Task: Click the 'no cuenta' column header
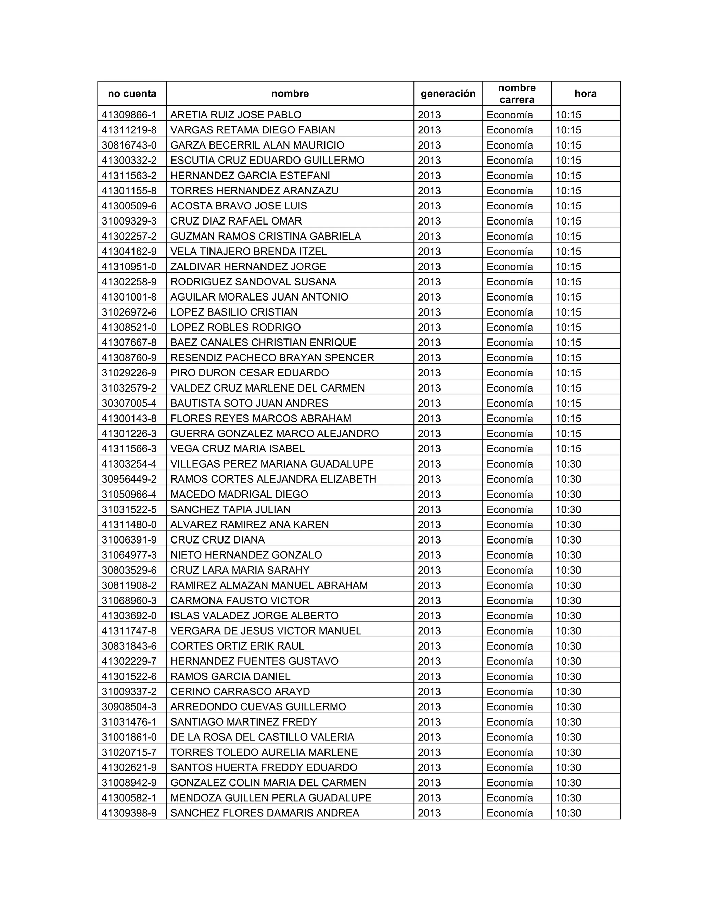click(132, 93)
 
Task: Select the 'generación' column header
click(448, 93)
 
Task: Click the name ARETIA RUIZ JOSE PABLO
click(235, 115)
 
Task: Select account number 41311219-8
click(129, 130)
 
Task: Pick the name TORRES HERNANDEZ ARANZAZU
click(254, 191)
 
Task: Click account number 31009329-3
click(129, 221)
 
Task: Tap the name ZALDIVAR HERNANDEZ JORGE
click(248, 267)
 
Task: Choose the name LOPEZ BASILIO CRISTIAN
click(234, 312)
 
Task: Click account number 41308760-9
click(129, 358)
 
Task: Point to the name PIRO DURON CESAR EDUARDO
click(249, 373)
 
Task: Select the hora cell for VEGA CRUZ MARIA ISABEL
click(568, 448)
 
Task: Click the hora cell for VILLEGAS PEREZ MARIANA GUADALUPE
click(568, 464)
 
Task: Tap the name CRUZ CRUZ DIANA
click(217, 540)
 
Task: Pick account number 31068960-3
click(129, 601)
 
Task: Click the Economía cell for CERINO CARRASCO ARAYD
click(510, 691)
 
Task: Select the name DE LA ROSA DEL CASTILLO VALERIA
click(262, 737)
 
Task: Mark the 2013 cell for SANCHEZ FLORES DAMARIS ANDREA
click(429, 813)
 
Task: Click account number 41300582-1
click(129, 798)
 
